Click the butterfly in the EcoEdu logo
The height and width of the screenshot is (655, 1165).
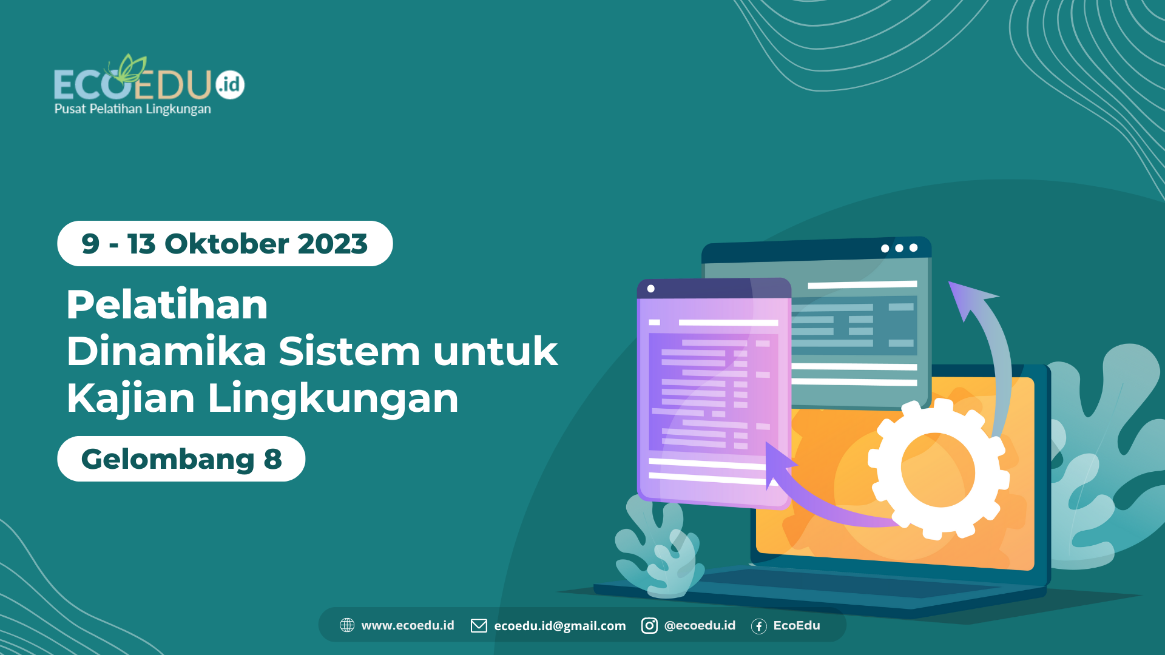tap(130, 69)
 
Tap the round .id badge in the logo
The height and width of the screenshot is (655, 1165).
tap(230, 84)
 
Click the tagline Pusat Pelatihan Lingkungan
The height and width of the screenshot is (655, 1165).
tap(133, 109)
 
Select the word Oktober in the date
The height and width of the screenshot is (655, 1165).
tap(226, 244)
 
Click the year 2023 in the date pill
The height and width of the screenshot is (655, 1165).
tap(333, 244)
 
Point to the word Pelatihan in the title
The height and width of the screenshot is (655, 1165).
tap(167, 304)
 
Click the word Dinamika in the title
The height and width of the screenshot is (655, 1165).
tap(166, 351)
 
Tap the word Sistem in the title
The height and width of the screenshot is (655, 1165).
tap(349, 351)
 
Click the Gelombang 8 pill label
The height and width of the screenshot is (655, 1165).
tap(181, 459)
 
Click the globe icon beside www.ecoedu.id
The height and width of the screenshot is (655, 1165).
tap(347, 625)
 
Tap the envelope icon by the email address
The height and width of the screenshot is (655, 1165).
tap(479, 626)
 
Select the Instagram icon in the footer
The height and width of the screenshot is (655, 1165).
tap(649, 625)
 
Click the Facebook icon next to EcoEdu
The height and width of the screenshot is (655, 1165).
tap(758, 626)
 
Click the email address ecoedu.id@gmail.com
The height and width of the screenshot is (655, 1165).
tap(559, 626)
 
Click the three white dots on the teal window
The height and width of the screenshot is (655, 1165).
tap(899, 248)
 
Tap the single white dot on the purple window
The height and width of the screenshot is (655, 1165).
tap(651, 289)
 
